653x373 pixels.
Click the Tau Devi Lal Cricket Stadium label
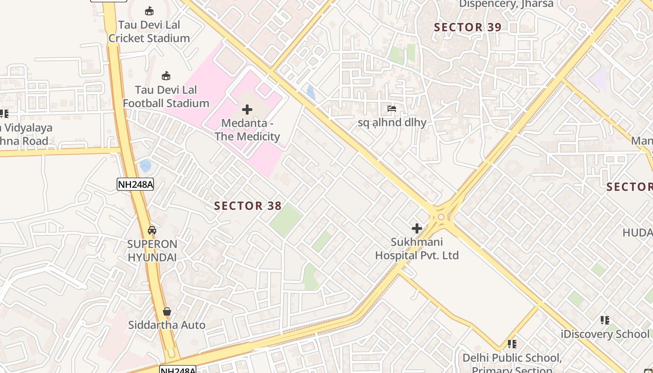click(x=149, y=31)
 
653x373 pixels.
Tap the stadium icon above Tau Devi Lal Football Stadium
click(x=166, y=76)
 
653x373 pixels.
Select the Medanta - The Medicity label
click(x=247, y=130)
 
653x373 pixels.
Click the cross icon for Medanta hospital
click(x=247, y=110)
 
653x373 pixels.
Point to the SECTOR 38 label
click(x=248, y=206)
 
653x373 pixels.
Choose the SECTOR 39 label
click(x=467, y=27)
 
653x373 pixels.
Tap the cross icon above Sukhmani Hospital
click(x=417, y=228)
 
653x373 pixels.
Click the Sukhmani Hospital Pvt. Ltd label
click(x=417, y=249)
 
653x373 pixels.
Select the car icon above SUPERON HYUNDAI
click(x=152, y=230)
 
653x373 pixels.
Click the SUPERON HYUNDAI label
click(x=152, y=251)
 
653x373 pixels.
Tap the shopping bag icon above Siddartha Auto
click(x=167, y=311)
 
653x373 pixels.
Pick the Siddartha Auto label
click(x=167, y=325)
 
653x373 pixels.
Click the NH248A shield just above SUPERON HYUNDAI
click(x=135, y=184)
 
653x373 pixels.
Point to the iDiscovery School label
click(x=605, y=334)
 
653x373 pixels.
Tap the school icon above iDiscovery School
click(x=605, y=320)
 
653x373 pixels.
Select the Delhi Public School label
click(x=512, y=358)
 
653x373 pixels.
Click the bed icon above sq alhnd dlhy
click(x=392, y=109)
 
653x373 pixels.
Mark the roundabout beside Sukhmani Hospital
click(x=441, y=217)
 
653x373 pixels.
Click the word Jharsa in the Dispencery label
click(x=536, y=4)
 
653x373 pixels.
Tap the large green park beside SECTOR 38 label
click(x=285, y=220)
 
